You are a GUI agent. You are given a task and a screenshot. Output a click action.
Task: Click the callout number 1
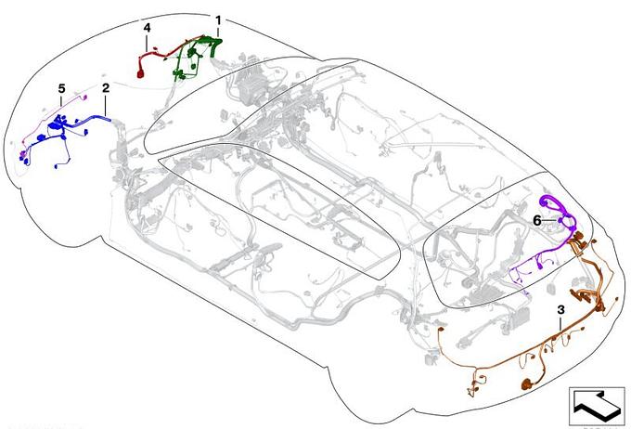218,20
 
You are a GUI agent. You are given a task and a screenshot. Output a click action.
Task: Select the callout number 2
106,88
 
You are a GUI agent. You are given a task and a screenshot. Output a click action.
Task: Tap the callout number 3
560,310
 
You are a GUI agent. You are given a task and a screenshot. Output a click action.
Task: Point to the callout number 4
147,28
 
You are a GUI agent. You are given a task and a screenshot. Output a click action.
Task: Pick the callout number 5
61,88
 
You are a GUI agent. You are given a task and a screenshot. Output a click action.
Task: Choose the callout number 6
537,221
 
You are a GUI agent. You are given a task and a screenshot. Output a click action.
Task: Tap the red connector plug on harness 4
140,73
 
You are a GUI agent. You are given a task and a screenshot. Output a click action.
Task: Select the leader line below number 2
106,105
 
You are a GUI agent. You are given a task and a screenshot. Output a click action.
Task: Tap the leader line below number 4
147,42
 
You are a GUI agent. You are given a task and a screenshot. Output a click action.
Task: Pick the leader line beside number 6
549,221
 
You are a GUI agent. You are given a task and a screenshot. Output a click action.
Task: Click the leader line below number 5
61,99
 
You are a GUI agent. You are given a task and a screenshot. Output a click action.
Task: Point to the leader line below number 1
218,32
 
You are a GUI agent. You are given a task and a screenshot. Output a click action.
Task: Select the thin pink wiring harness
52,121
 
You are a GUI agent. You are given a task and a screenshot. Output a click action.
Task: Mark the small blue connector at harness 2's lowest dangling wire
56,166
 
